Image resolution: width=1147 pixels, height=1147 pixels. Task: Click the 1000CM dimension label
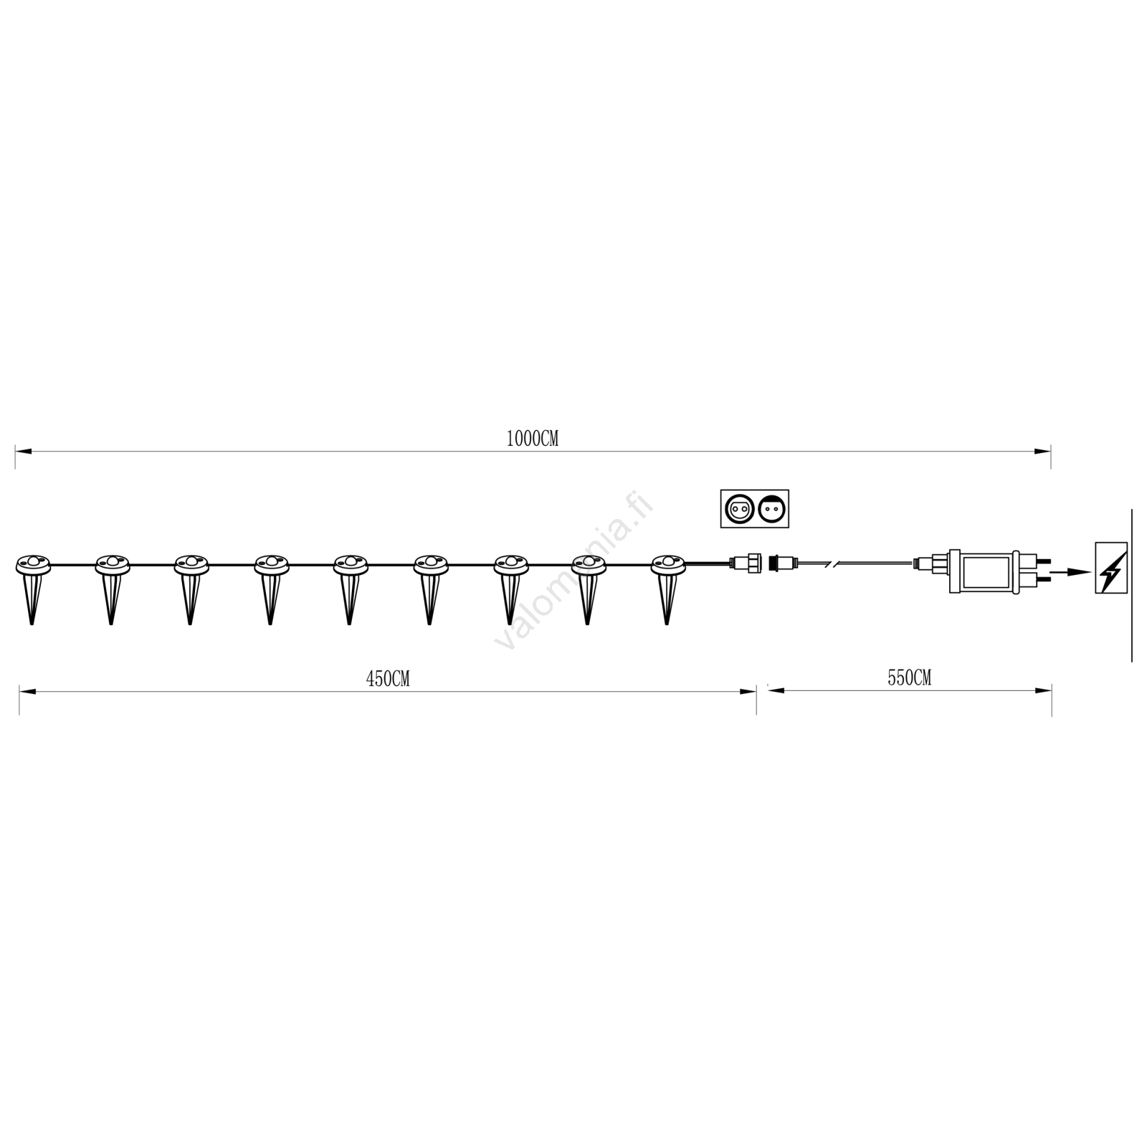click(x=532, y=439)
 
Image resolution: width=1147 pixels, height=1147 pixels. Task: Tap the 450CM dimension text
click(x=388, y=679)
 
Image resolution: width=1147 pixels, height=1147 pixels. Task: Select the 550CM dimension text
click(x=909, y=677)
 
